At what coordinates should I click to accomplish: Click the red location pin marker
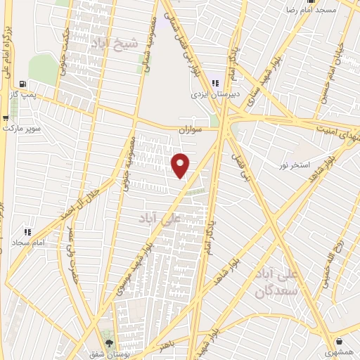(x=181, y=165)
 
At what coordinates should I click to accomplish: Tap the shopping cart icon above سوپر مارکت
(x=6, y=117)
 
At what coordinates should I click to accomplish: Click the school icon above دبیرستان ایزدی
(x=214, y=84)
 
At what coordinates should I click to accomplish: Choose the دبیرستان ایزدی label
(x=214, y=94)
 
